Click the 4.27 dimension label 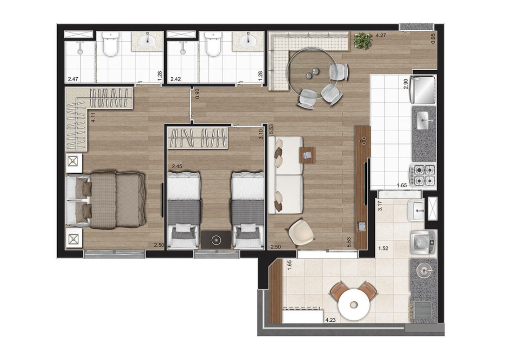[x=381, y=35]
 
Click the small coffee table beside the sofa [x=307, y=155]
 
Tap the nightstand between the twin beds [x=216, y=240]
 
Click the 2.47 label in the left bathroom [x=73, y=79]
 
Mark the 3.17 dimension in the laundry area [x=380, y=205]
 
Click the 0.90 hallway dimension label [x=197, y=94]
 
